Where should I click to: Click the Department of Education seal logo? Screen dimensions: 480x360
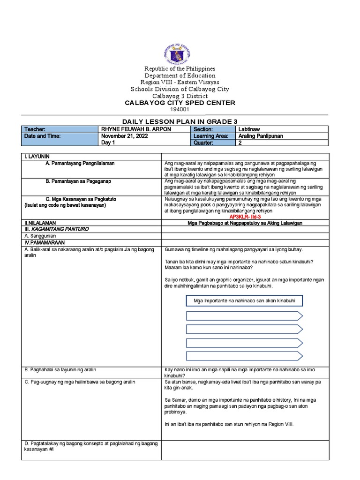pos(180,52)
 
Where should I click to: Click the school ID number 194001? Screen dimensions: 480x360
pos(180,109)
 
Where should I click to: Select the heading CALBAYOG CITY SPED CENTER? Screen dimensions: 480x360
pos(180,103)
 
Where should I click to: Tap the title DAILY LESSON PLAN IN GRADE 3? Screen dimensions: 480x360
pos(180,121)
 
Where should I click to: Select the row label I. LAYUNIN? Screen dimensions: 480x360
pos(37,156)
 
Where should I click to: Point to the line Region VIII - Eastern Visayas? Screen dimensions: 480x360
pos(180,82)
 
